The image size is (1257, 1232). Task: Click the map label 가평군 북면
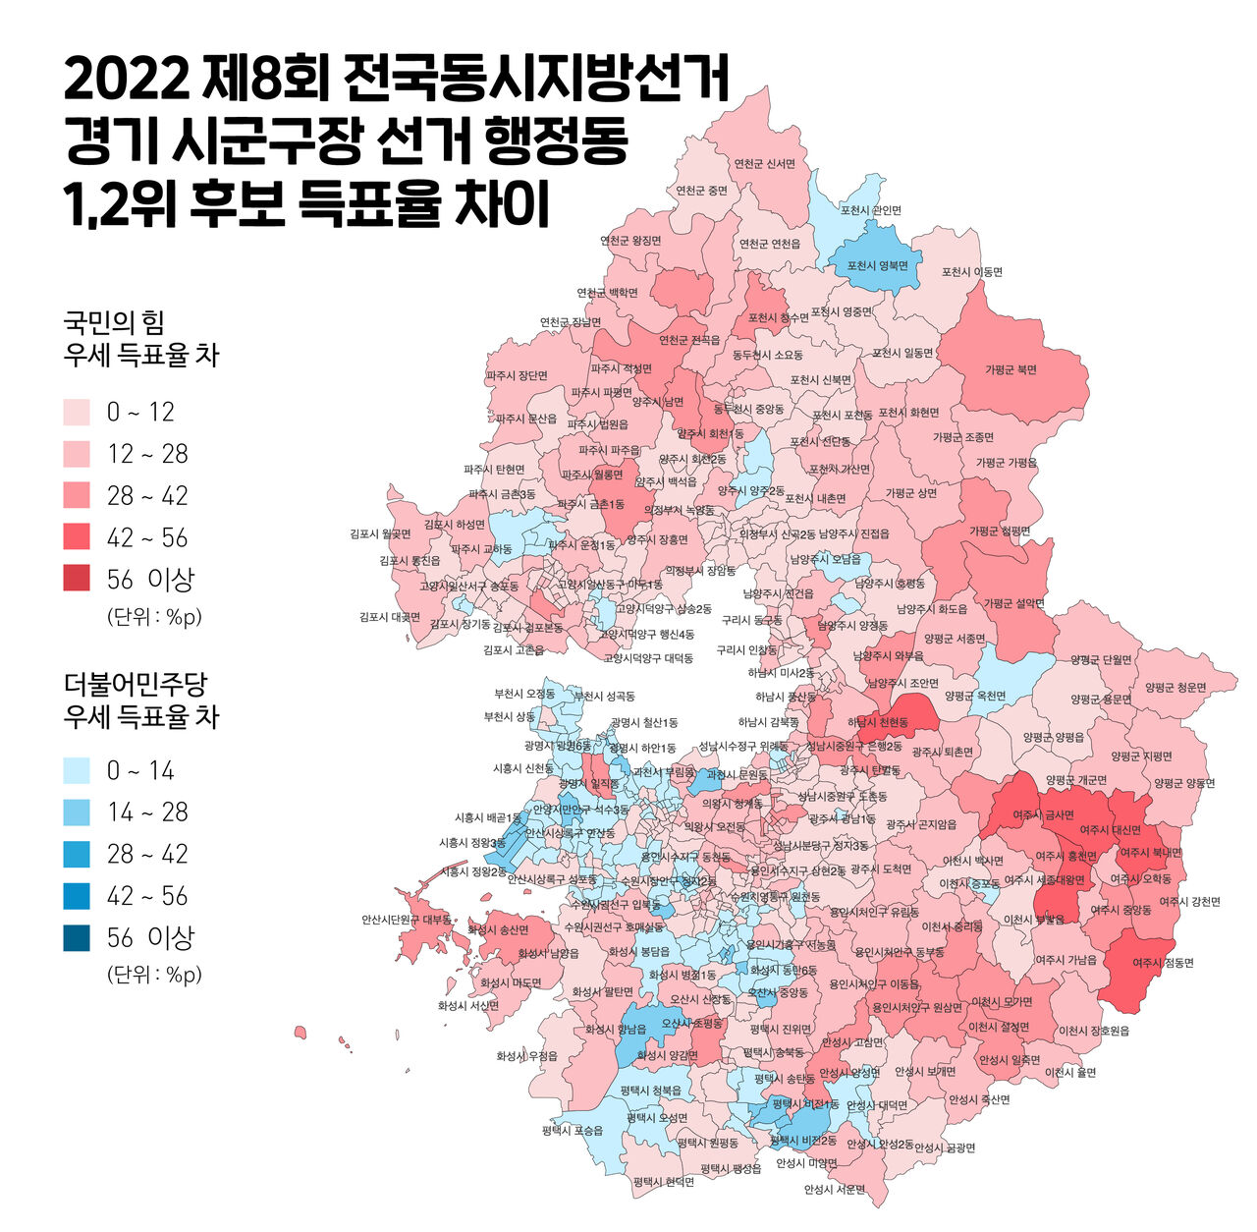[1011, 370]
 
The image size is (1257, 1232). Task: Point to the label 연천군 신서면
[765, 164]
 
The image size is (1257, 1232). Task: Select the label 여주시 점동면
[1163, 963]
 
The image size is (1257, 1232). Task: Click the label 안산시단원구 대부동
[407, 921]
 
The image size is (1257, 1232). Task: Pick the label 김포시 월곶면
[380, 534]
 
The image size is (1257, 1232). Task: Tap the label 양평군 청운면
[1175, 689]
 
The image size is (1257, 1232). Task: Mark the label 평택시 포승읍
[573, 1131]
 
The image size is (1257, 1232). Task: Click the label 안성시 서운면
[835, 1190]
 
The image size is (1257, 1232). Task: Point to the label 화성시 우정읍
[526, 1056]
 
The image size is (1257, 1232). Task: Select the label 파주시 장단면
[517, 376]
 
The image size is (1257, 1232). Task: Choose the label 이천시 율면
[1070, 1073]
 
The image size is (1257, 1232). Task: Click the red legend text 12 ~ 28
[147, 454]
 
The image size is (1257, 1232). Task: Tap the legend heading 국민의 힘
[114, 322]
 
